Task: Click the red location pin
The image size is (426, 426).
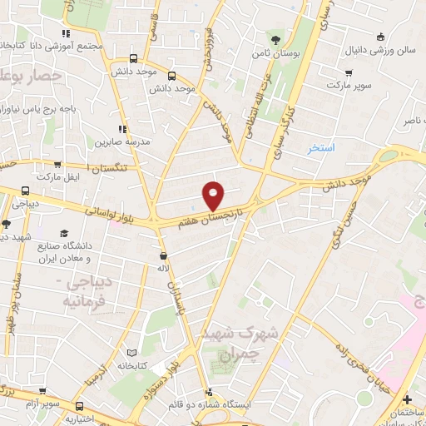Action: point(214,195)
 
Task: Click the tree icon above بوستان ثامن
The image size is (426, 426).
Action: point(275,38)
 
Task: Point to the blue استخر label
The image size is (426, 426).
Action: point(320,147)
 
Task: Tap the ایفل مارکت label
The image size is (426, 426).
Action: point(57,177)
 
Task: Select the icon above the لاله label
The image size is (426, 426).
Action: point(164,255)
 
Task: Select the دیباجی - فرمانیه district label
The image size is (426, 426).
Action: point(72,292)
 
